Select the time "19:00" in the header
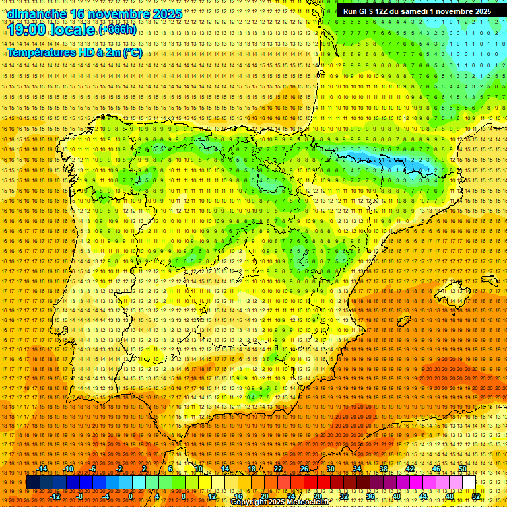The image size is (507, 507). [27, 30]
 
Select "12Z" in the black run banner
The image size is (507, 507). [382, 11]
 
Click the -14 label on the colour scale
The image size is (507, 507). [44, 469]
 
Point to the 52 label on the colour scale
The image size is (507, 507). [476, 496]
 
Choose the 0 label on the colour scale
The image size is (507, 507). [131, 496]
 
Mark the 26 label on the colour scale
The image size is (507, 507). [304, 469]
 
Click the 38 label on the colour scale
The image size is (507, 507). [383, 469]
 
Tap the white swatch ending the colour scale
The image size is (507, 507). [469, 483]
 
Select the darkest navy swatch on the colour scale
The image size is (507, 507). [32, 483]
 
